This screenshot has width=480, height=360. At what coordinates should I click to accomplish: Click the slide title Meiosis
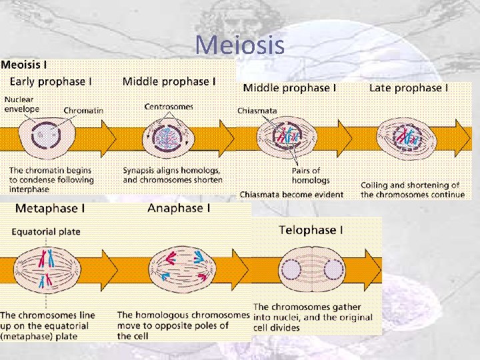click(x=240, y=45)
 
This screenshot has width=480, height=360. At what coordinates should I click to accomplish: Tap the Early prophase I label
click(x=51, y=81)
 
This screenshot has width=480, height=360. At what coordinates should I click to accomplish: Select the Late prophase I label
click(x=409, y=88)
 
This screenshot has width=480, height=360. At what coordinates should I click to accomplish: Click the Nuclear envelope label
click(x=23, y=105)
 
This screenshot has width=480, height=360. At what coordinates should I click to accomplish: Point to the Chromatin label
click(x=83, y=111)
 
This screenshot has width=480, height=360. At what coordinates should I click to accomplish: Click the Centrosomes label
click(x=169, y=106)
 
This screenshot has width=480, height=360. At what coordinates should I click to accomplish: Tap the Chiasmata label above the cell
click(x=258, y=111)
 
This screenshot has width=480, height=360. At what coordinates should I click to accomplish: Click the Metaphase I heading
click(x=50, y=208)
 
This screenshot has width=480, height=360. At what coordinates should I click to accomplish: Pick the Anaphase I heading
click(x=179, y=208)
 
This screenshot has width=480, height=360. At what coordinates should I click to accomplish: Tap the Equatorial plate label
click(x=46, y=232)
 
